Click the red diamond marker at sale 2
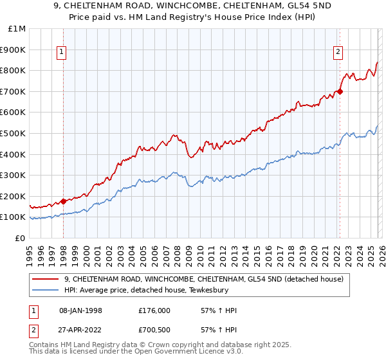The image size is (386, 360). (340, 91)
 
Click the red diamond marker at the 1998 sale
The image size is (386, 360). (64, 201)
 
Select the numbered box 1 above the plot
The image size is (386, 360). (62, 53)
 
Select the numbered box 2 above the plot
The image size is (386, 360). (338, 53)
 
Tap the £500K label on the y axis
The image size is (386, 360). (14, 133)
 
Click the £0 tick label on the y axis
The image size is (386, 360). (20, 238)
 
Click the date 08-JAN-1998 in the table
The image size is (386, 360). (80, 310)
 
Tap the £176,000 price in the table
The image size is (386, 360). (154, 310)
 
